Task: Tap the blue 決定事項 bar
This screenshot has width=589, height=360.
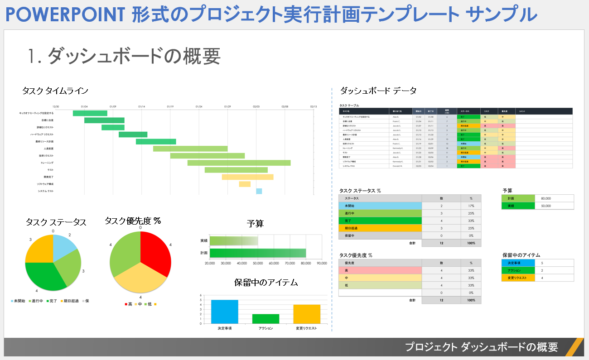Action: coord(224,312)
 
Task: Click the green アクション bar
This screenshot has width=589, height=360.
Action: coord(266,318)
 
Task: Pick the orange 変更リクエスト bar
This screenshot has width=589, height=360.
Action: coord(307,314)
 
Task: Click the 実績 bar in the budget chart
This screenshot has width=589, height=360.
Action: coord(234,240)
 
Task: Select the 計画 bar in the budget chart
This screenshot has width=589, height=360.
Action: coord(258,253)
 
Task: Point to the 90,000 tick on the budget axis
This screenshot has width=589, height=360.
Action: coord(321,263)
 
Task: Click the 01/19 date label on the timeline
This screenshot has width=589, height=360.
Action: coord(170,107)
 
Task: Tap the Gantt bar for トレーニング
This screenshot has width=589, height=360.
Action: coord(239,163)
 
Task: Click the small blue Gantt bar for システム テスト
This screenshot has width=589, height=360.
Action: coord(259,191)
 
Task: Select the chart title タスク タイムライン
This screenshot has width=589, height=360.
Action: coord(55,91)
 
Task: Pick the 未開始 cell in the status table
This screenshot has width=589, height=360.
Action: coord(380,206)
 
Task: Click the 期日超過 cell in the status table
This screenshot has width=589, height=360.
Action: coord(380,228)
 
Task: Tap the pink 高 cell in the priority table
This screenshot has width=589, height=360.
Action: coord(380,270)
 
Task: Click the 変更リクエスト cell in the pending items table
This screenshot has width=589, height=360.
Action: coord(518,278)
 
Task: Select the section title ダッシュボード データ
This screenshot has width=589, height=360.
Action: coord(378,91)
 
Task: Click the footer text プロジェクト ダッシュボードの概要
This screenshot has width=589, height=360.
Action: coord(481,347)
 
